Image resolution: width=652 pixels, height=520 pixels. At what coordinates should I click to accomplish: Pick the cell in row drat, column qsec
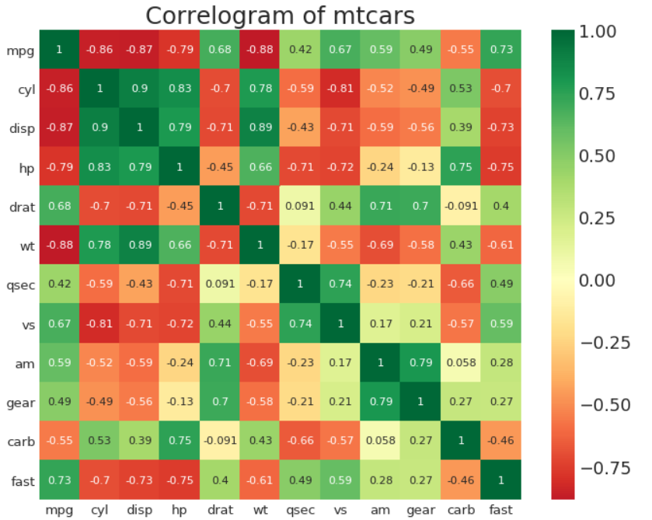[x=300, y=207]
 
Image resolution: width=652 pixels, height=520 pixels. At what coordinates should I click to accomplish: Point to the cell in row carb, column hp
[x=180, y=441]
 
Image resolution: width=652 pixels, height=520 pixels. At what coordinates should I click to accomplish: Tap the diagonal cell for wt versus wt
[x=260, y=246]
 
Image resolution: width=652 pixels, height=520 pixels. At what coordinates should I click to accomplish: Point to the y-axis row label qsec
[x=19, y=285]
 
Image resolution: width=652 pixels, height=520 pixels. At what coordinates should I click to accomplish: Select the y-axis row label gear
[x=19, y=403]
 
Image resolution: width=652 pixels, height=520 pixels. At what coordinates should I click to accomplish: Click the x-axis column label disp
[x=139, y=510]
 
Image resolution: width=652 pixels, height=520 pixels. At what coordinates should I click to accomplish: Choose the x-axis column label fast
[x=500, y=510]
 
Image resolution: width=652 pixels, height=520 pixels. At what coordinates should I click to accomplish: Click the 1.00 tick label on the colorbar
[x=598, y=32]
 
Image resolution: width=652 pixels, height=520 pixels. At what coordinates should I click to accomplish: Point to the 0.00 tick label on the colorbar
[x=598, y=281]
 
